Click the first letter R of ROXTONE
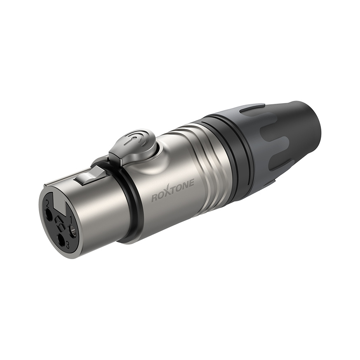pyautogui.click(x=155, y=198)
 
